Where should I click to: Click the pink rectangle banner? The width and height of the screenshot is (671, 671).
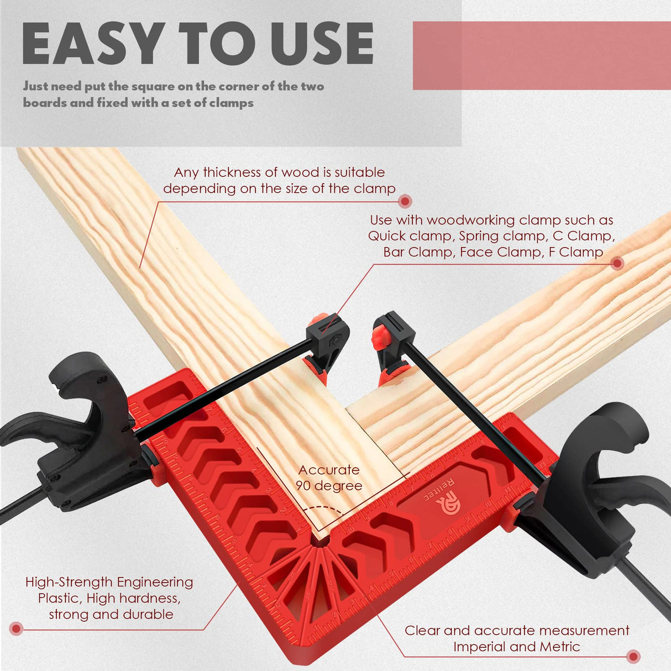(x=542, y=55)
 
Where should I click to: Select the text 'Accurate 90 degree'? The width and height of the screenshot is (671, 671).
(x=329, y=478)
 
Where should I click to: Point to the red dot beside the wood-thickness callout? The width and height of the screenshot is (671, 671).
(x=405, y=201)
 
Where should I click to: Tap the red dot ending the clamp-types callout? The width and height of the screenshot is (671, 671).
(x=617, y=264)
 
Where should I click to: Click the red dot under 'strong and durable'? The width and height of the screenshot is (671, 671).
(x=16, y=628)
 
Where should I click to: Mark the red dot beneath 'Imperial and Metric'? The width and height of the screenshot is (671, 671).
(x=634, y=657)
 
